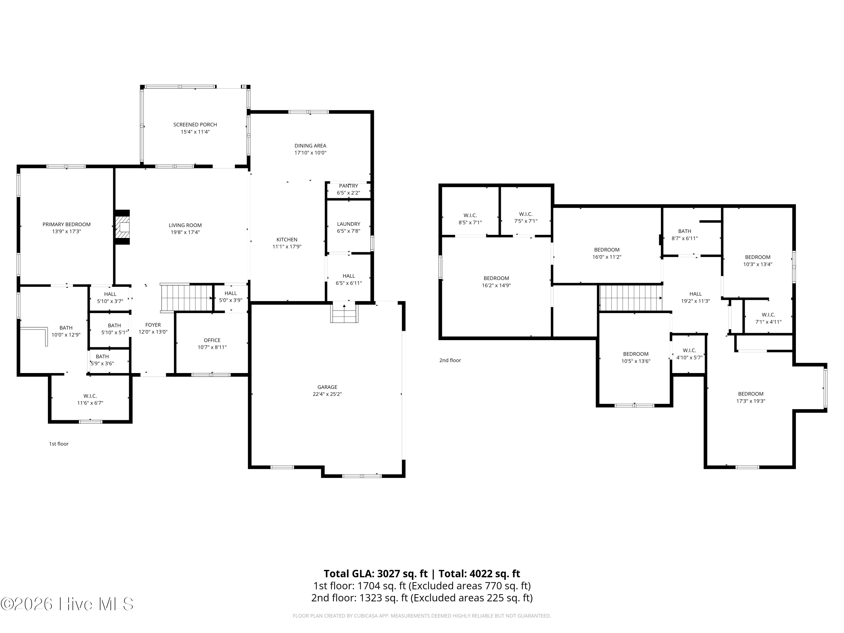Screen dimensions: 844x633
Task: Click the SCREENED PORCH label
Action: click(x=195, y=124)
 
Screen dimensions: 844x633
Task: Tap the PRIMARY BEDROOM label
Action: click(x=66, y=224)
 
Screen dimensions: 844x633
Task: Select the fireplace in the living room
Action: click(x=122, y=227)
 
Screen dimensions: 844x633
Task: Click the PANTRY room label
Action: click(x=348, y=186)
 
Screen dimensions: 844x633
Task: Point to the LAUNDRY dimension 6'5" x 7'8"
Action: click(x=348, y=231)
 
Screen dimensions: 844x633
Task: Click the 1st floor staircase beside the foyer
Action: click(x=186, y=298)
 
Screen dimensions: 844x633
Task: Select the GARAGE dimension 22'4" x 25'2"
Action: click(x=327, y=394)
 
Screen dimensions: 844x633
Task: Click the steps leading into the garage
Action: click(x=344, y=312)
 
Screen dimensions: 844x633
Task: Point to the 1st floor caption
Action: click(x=59, y=444)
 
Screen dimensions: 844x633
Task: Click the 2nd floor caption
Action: click(x=450, y=360)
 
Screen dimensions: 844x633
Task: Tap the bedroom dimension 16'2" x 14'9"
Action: click(x=496, y=285)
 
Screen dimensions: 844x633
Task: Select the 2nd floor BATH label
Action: click(x=684, y=231)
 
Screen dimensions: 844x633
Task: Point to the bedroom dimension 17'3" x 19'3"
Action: click(x=751, y=401)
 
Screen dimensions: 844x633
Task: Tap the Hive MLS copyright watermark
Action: click(x=67, y=604)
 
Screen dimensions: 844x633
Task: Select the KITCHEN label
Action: click(x=287, y=240)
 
